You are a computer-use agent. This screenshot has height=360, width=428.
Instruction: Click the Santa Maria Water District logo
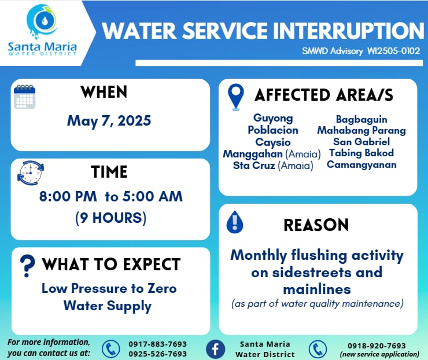42,30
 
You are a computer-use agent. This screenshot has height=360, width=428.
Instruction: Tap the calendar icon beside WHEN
24,97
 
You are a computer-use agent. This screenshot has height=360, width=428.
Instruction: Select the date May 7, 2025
109,121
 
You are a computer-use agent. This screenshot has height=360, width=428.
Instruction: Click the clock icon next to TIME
31,172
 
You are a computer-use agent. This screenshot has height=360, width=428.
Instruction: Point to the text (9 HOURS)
111,218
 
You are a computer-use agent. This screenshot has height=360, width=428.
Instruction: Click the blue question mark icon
27,266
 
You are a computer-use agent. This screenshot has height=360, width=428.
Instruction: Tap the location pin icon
236,97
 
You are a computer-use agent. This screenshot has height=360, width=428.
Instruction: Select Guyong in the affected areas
273,118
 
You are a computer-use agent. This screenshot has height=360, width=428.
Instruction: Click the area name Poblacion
273,130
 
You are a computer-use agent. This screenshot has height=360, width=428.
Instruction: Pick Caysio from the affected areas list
273,142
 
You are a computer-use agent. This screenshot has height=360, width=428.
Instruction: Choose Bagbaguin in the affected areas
361,120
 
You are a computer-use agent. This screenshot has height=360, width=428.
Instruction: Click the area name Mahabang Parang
361,131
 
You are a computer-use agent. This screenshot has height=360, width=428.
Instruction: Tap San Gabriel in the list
361,142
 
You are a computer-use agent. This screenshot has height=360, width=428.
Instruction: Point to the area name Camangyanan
361,165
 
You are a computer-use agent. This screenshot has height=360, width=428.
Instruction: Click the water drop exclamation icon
235,222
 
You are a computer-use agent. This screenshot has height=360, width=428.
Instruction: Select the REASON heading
316,225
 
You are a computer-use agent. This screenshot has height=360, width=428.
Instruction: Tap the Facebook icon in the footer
215,349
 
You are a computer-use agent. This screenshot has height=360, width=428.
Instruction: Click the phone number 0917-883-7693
158,344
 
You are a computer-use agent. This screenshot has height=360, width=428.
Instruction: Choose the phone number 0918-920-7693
377,346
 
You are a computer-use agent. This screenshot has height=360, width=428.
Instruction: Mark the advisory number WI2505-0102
393,51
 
